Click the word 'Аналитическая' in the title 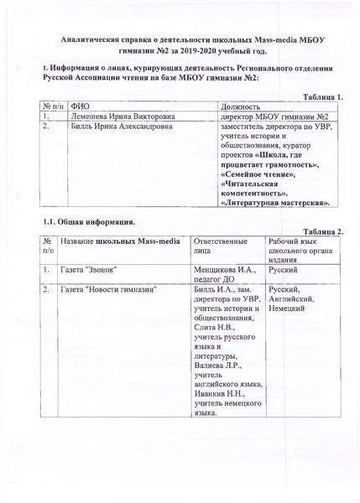[98, 39]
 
